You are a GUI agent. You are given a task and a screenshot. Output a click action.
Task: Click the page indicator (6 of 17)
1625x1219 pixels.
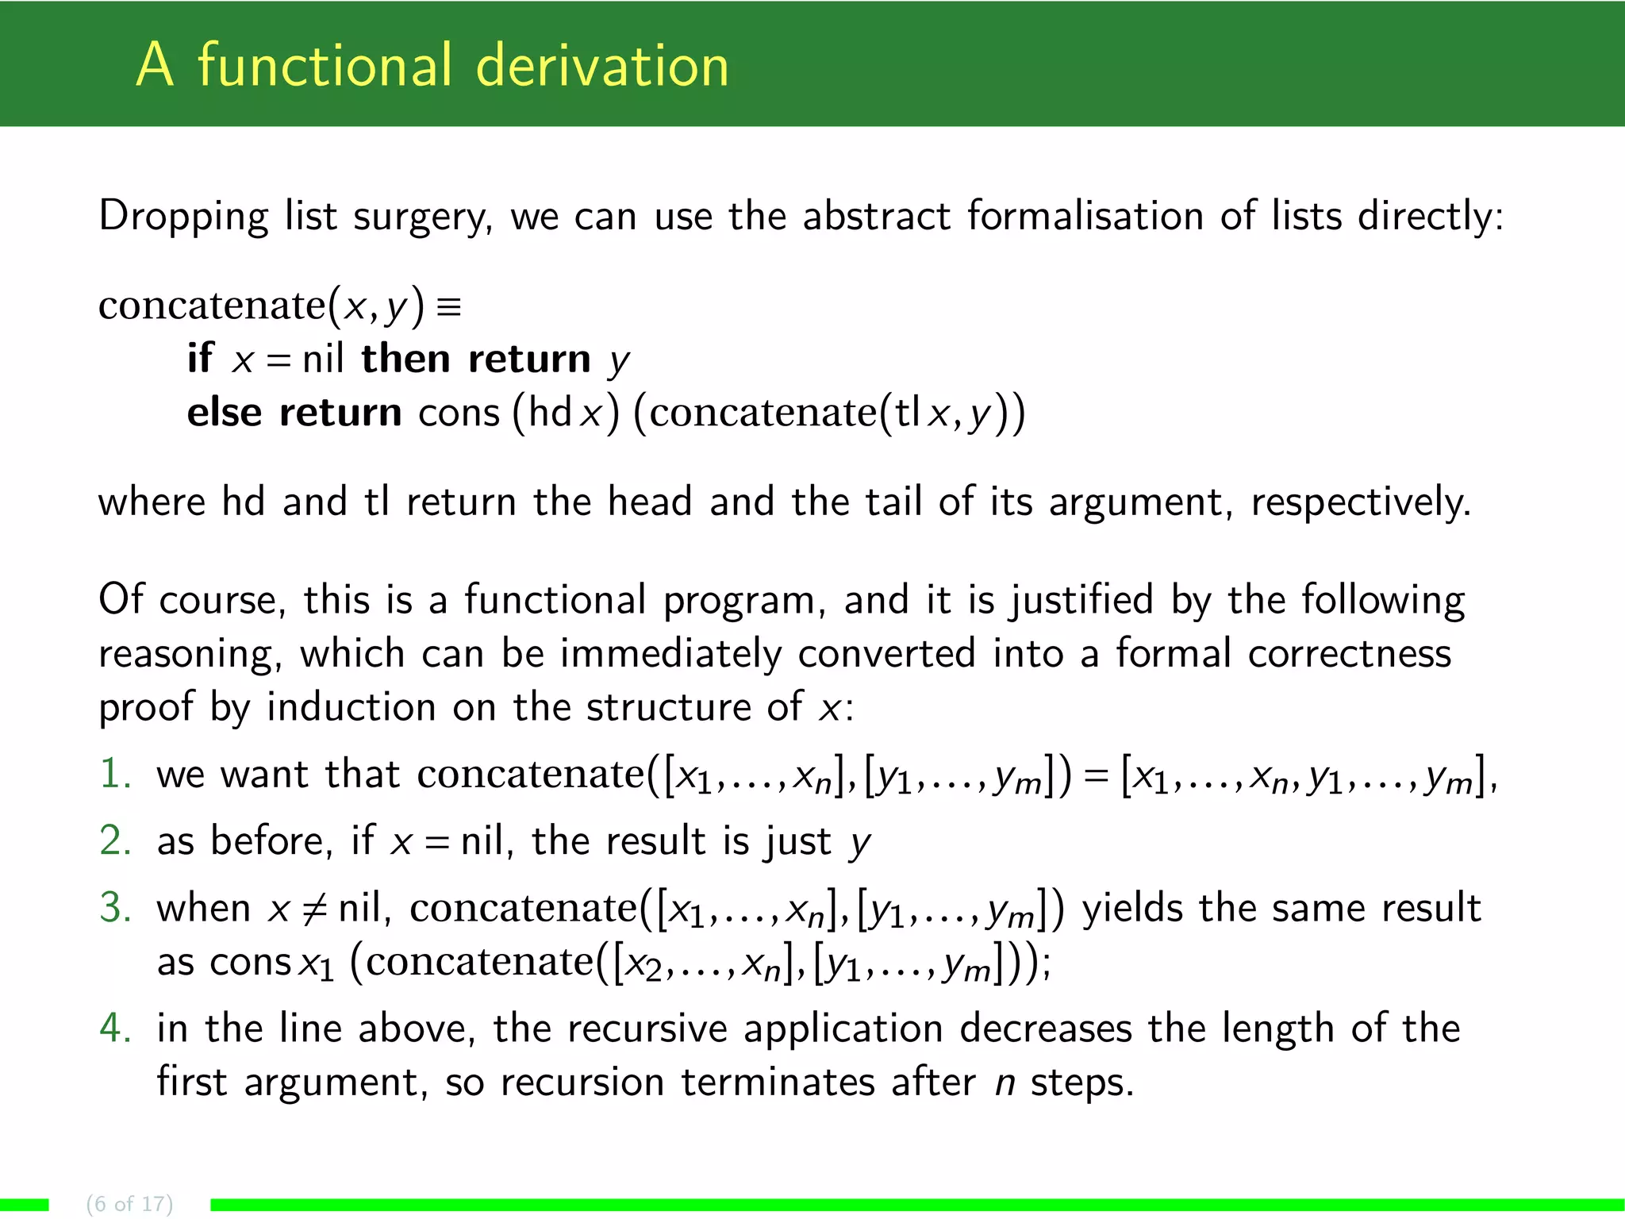129,1203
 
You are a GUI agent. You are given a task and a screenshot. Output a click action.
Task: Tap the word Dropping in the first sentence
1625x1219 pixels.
183,217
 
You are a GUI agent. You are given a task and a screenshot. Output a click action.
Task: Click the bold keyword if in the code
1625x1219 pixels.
200,359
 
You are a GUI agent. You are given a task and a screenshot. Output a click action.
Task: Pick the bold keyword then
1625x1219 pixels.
405,359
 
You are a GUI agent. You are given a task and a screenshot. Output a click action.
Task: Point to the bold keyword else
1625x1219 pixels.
224,413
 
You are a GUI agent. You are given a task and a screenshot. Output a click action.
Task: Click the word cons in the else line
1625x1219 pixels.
459,413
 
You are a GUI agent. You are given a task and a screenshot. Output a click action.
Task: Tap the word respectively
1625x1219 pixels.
1360,503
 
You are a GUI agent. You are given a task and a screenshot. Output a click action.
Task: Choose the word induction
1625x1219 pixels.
351,707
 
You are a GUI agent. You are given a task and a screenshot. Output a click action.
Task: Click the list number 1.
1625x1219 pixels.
115,774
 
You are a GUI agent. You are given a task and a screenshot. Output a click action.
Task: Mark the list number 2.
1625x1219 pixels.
115,841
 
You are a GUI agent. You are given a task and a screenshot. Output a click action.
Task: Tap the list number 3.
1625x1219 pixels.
115,908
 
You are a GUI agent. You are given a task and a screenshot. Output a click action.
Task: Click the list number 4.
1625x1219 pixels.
115,1029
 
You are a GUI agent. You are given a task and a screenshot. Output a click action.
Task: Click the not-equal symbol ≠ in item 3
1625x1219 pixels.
315,909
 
